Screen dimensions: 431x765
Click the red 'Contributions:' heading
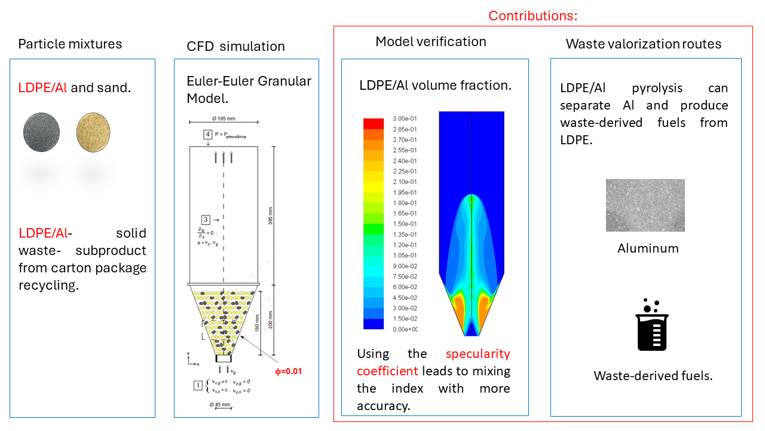click(533, 16)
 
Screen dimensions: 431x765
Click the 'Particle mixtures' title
click(70, 44)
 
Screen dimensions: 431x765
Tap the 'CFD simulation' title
click(235, 46)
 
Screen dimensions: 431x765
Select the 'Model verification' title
click(431, 41)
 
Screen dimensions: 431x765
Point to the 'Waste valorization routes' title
click(644, 44)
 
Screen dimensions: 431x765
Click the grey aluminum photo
click(645, 205)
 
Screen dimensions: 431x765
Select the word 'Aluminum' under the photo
click(648, 248)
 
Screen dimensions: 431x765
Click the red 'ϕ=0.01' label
click(288, 371)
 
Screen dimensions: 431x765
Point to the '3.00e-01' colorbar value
click(405, 118)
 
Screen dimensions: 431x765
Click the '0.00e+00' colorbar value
click(405, 329)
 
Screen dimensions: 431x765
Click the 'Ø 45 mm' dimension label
click(221, 405)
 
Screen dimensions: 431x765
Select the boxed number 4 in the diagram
click(207, 135)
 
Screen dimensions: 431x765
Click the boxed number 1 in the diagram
click(197, 386)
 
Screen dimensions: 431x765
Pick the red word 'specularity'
click(478, 354)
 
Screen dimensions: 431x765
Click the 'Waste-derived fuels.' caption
click(653, 376)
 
